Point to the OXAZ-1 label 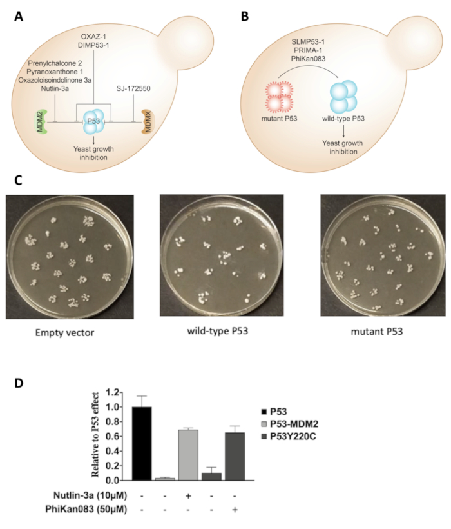[94, 32]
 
